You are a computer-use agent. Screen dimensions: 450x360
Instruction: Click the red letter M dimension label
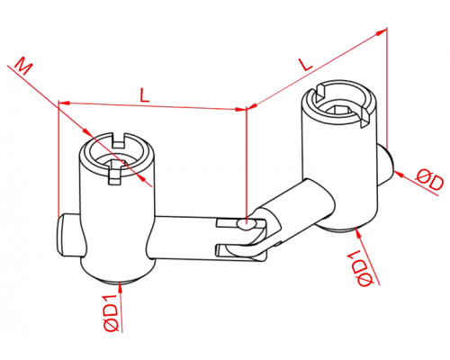pos(23,66)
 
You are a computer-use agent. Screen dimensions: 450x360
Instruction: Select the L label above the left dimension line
pos(145,95)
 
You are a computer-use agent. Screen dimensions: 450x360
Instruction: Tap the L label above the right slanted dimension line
pos(306,64)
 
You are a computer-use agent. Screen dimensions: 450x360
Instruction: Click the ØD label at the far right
pos(429,179)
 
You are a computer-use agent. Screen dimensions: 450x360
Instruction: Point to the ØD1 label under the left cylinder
pos(110,313)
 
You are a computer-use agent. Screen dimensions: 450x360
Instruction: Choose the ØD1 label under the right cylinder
pos(361,268)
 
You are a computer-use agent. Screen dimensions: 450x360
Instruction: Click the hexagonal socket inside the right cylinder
pos(338,110)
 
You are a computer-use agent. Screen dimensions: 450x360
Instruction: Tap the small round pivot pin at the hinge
pos(247,224)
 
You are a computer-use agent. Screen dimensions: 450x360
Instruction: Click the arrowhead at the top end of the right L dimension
pos(381,32)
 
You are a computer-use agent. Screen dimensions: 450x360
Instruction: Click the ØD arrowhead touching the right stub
pos(398,174)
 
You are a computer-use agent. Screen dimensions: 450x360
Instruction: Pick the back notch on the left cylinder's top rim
pos(120,140)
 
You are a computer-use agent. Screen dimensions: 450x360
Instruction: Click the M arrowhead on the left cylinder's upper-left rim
pos(86,132)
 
